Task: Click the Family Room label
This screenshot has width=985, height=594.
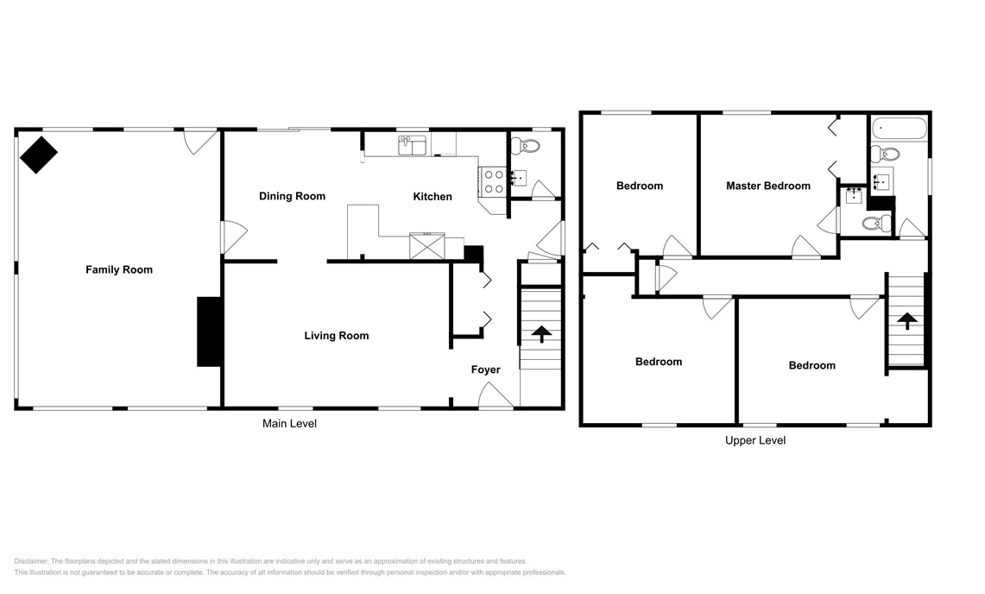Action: tap(118, 269)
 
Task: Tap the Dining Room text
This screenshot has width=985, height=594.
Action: tap(292, 196)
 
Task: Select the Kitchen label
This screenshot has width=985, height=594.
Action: tap(432, 197)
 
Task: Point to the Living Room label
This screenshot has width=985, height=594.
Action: tap(336, 335)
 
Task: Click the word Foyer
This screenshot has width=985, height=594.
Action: tap(485, 370)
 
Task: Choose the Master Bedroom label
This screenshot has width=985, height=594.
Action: tap(767, 186)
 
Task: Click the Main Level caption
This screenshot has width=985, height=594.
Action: tap(289, 423)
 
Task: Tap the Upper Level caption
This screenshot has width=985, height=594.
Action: tap(755, 440)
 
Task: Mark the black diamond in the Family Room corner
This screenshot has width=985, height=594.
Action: tap(39, 155)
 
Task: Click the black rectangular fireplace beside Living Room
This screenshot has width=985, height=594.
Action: tap(209, 332)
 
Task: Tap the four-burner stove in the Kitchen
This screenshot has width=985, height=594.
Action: tap(493, 181)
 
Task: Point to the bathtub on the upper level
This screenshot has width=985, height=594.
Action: tap(900, 131)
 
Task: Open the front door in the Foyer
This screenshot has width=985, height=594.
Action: tap(496, 397)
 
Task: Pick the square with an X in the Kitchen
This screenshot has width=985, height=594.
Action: tap(427, 246)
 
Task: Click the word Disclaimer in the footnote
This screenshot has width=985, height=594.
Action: tap(32, 561)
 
